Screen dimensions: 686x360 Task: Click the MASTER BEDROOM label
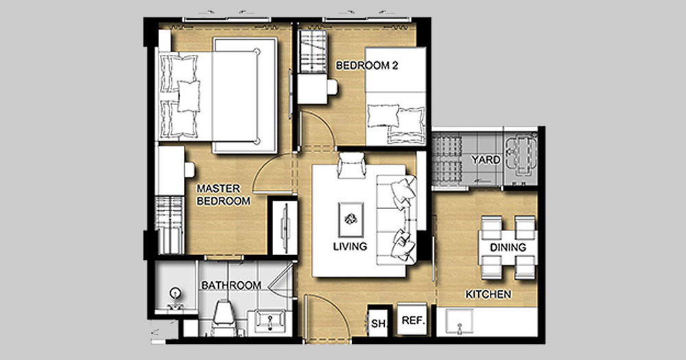tap(223, 195)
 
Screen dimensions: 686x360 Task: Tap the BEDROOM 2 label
tap(366, 66)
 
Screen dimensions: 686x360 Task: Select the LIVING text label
tap(350, 246)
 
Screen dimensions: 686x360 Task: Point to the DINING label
tap(508, 248)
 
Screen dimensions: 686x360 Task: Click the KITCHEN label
tap(488, 294)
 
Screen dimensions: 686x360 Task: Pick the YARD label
tap(486, 160)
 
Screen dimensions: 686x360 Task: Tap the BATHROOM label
tap(231, 286)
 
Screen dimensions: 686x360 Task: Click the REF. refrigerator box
tap(413, 320)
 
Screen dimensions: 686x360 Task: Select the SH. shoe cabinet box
tap(378, 323)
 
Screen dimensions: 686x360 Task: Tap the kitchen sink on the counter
tap(459, 322)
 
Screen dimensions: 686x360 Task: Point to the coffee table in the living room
tap(351, 220)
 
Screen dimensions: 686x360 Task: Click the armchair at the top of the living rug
tap(351, 165)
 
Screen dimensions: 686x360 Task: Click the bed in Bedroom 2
tap(396, 96)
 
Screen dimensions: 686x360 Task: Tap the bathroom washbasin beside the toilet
tap(270, 322)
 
